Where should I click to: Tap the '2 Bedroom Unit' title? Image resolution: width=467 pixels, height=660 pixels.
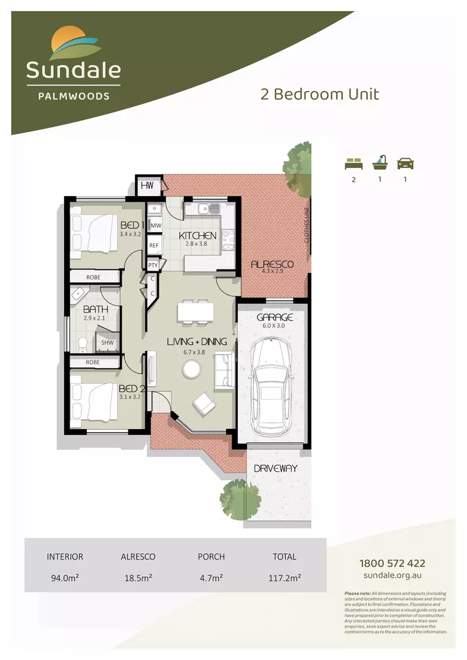(x=320, y=94)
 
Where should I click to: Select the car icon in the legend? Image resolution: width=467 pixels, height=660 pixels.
(x=406, y=163)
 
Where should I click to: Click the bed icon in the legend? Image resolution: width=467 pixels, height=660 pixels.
(x=353, y=163)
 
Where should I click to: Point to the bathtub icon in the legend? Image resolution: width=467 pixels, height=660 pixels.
(x=379, y=162)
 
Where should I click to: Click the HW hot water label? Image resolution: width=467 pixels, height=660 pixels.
(x=147, y=185)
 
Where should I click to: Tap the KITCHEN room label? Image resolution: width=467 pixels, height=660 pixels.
(x=197, y=235)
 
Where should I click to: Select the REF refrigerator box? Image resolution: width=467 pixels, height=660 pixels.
(x=155, y=246)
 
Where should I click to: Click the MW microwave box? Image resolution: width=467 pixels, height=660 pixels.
(x=155, y=226)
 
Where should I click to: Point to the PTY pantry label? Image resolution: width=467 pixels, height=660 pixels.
(x=153, y=265)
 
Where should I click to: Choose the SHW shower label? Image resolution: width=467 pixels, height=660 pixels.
(x=107, y=343)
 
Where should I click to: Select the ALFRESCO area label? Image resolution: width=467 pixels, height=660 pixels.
(x=272, y=264)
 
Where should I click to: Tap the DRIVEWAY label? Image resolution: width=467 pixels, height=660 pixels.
(x=276, y=469)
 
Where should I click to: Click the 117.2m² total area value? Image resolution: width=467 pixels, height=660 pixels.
(x=285, y=576)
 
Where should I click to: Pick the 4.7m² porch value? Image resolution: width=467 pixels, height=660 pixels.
(x=211, y=576)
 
